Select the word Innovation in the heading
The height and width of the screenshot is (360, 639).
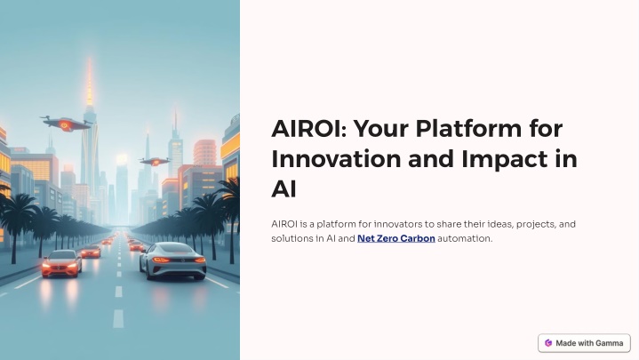pos(336,159)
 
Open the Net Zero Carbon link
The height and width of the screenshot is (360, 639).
pos(396,238)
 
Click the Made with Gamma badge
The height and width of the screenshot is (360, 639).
pos(584,343)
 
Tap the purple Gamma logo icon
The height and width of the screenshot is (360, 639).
pos(548,343)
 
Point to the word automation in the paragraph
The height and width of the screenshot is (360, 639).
pos(465,238)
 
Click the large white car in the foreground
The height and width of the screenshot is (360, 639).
pos(172,261)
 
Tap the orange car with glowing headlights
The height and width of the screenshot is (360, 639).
pos(61,263)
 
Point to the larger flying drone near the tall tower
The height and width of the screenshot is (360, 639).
pos(65,124)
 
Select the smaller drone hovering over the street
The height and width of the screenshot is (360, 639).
pos(155,162)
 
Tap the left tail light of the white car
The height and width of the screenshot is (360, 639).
pos(161,260)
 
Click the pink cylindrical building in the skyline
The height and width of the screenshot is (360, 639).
pos(204,153)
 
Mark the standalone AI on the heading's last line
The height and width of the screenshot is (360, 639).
pos(284,189)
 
